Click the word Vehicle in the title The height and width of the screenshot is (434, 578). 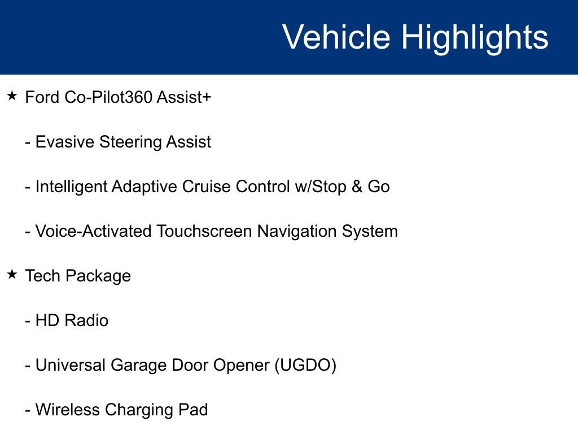tap(336, 37)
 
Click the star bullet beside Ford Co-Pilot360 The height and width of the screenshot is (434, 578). tap(12, 96)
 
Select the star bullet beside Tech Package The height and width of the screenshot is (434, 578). tap(12, 275)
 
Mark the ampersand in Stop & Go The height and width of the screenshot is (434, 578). tap(357, 186)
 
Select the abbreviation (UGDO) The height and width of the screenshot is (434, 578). tap(305, 366)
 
